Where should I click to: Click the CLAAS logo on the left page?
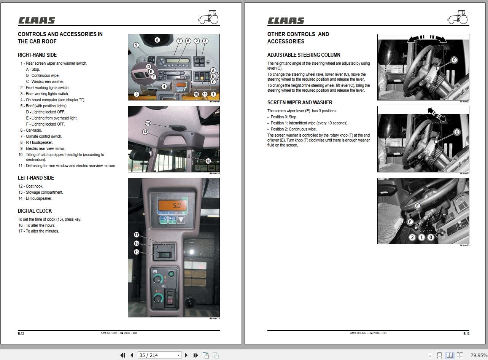pyautogui.click(x=37, y=21)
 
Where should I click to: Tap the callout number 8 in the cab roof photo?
pyautogui.click(x=157, y=40)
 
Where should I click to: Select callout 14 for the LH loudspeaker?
pyautogui.click(x=148, y=123)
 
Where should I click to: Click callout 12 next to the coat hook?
pyautogui.click(x=208, y=161)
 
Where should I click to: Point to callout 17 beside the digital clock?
pyautogui.click(x=137, y=235)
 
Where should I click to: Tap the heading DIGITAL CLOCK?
pyautogui.click(x=35, y=211)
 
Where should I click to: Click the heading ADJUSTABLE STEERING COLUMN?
pyautogui.click(x=304, y=55)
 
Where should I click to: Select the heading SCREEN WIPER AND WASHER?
pyautogui.click(x=300, y=102)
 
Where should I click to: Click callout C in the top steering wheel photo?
pyautogui.click(x=454, y=60)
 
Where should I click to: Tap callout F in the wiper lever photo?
pyautogui.click(x=410, y=222)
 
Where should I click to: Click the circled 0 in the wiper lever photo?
pyautogui.click(x=431, y=237)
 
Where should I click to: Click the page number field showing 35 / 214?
pyautogui.click(x=159, y=355)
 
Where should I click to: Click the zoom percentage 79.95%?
pyautogui.click(x=478, y=355)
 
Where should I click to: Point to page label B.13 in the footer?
pyautogui.click(x=466, y=333)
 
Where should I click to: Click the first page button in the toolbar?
pyautogui.click(x=122, y=355)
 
